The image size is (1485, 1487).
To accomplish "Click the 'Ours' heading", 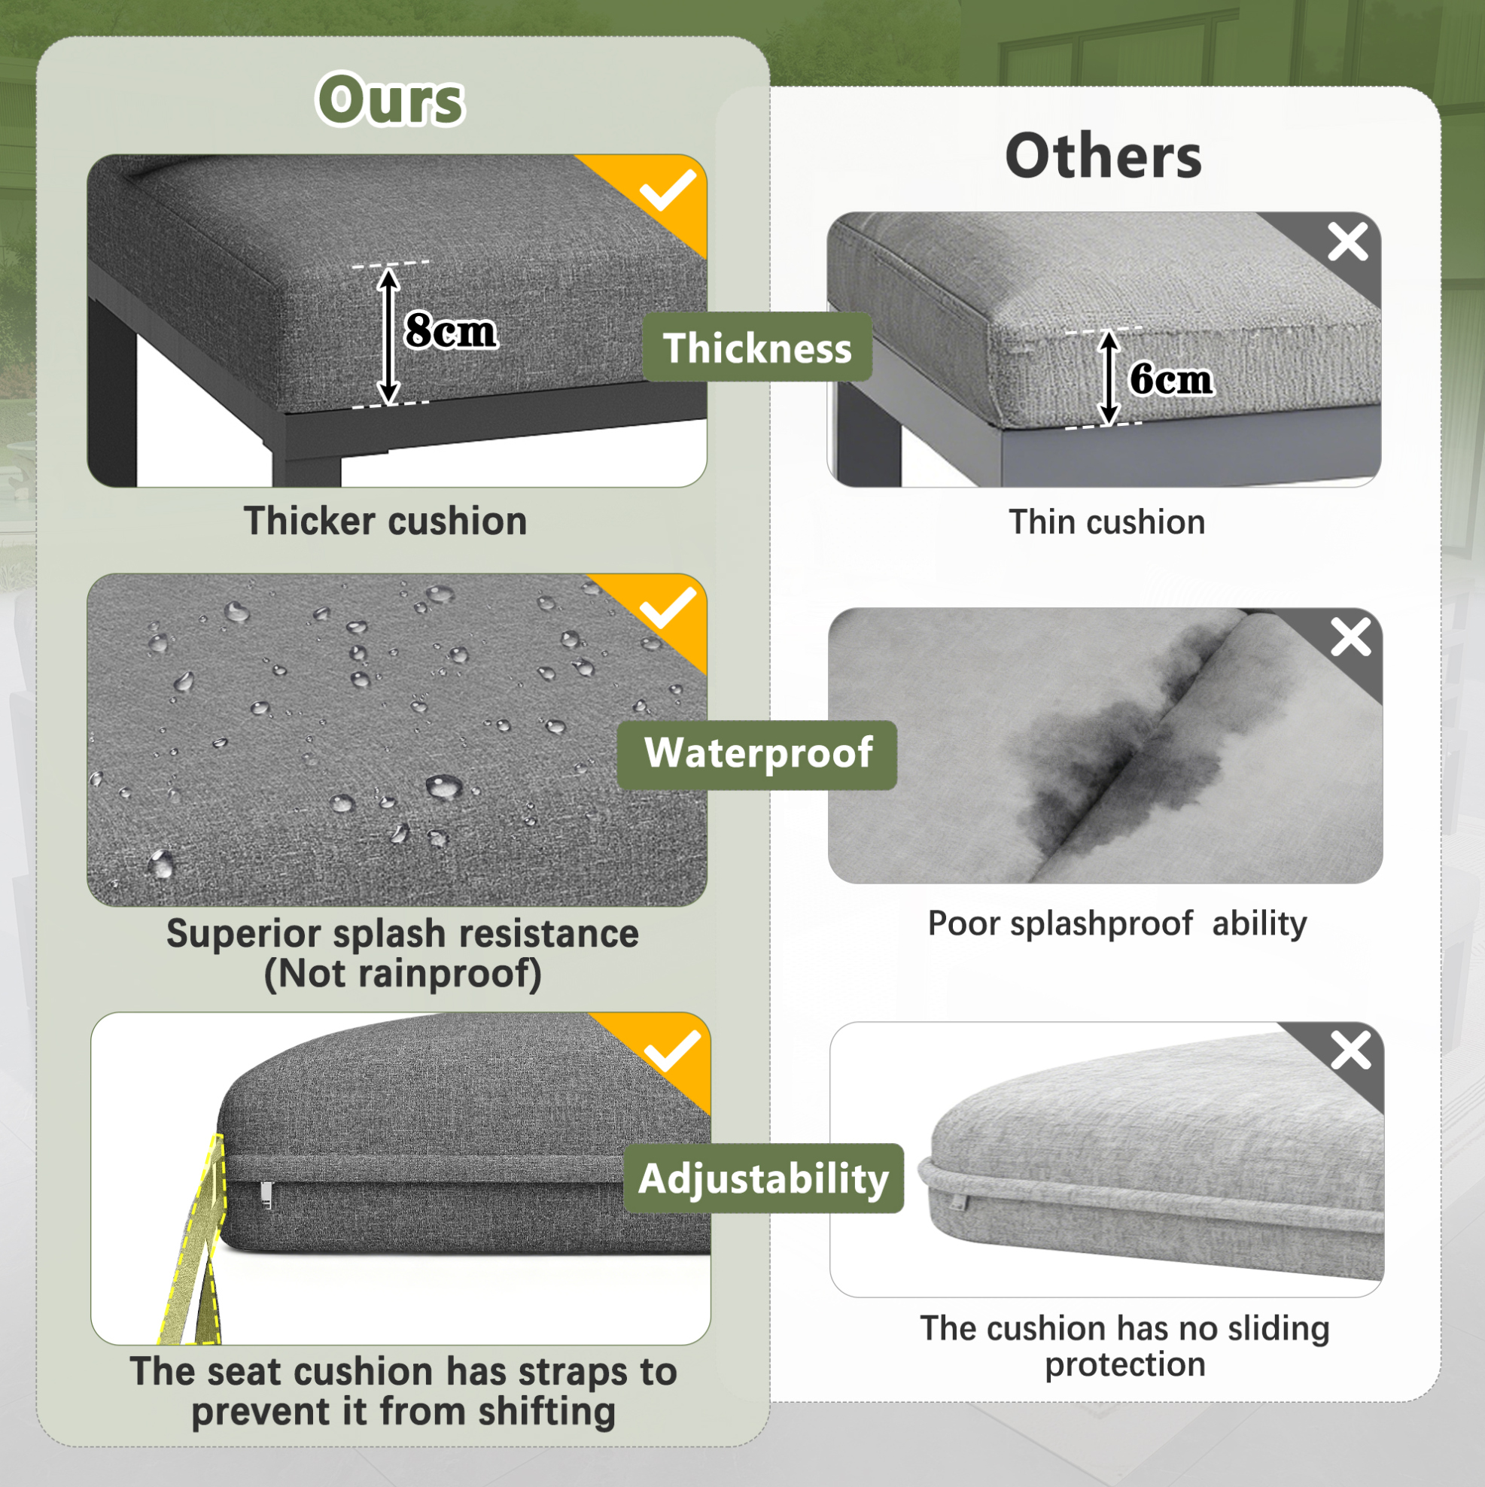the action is pos(390,99).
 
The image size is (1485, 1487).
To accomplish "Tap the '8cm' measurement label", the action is pos(451,331).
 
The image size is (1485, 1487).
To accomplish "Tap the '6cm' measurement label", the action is pos(1170,379).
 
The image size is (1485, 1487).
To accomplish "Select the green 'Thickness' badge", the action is pos(757,347).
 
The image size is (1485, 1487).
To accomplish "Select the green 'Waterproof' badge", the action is pos(757,754).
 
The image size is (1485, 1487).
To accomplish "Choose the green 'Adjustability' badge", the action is pos(763,1178).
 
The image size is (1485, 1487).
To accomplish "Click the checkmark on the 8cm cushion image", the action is pos(668,190).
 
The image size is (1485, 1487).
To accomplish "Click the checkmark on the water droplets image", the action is pos(668,609).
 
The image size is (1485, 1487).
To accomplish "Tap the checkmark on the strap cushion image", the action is pos(672,1051).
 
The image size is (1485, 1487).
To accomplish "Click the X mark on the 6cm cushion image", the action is pos(1348,242).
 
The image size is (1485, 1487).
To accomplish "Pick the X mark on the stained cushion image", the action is pos(1351,637).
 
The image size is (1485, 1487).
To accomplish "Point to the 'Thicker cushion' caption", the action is pos(385,521).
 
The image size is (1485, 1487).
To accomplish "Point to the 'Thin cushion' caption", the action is pos(1107,522).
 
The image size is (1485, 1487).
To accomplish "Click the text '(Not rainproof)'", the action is pos(403,974).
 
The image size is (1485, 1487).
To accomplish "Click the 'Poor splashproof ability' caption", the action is pos(1117,923).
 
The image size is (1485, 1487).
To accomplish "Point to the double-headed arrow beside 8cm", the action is pos(389,336).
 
